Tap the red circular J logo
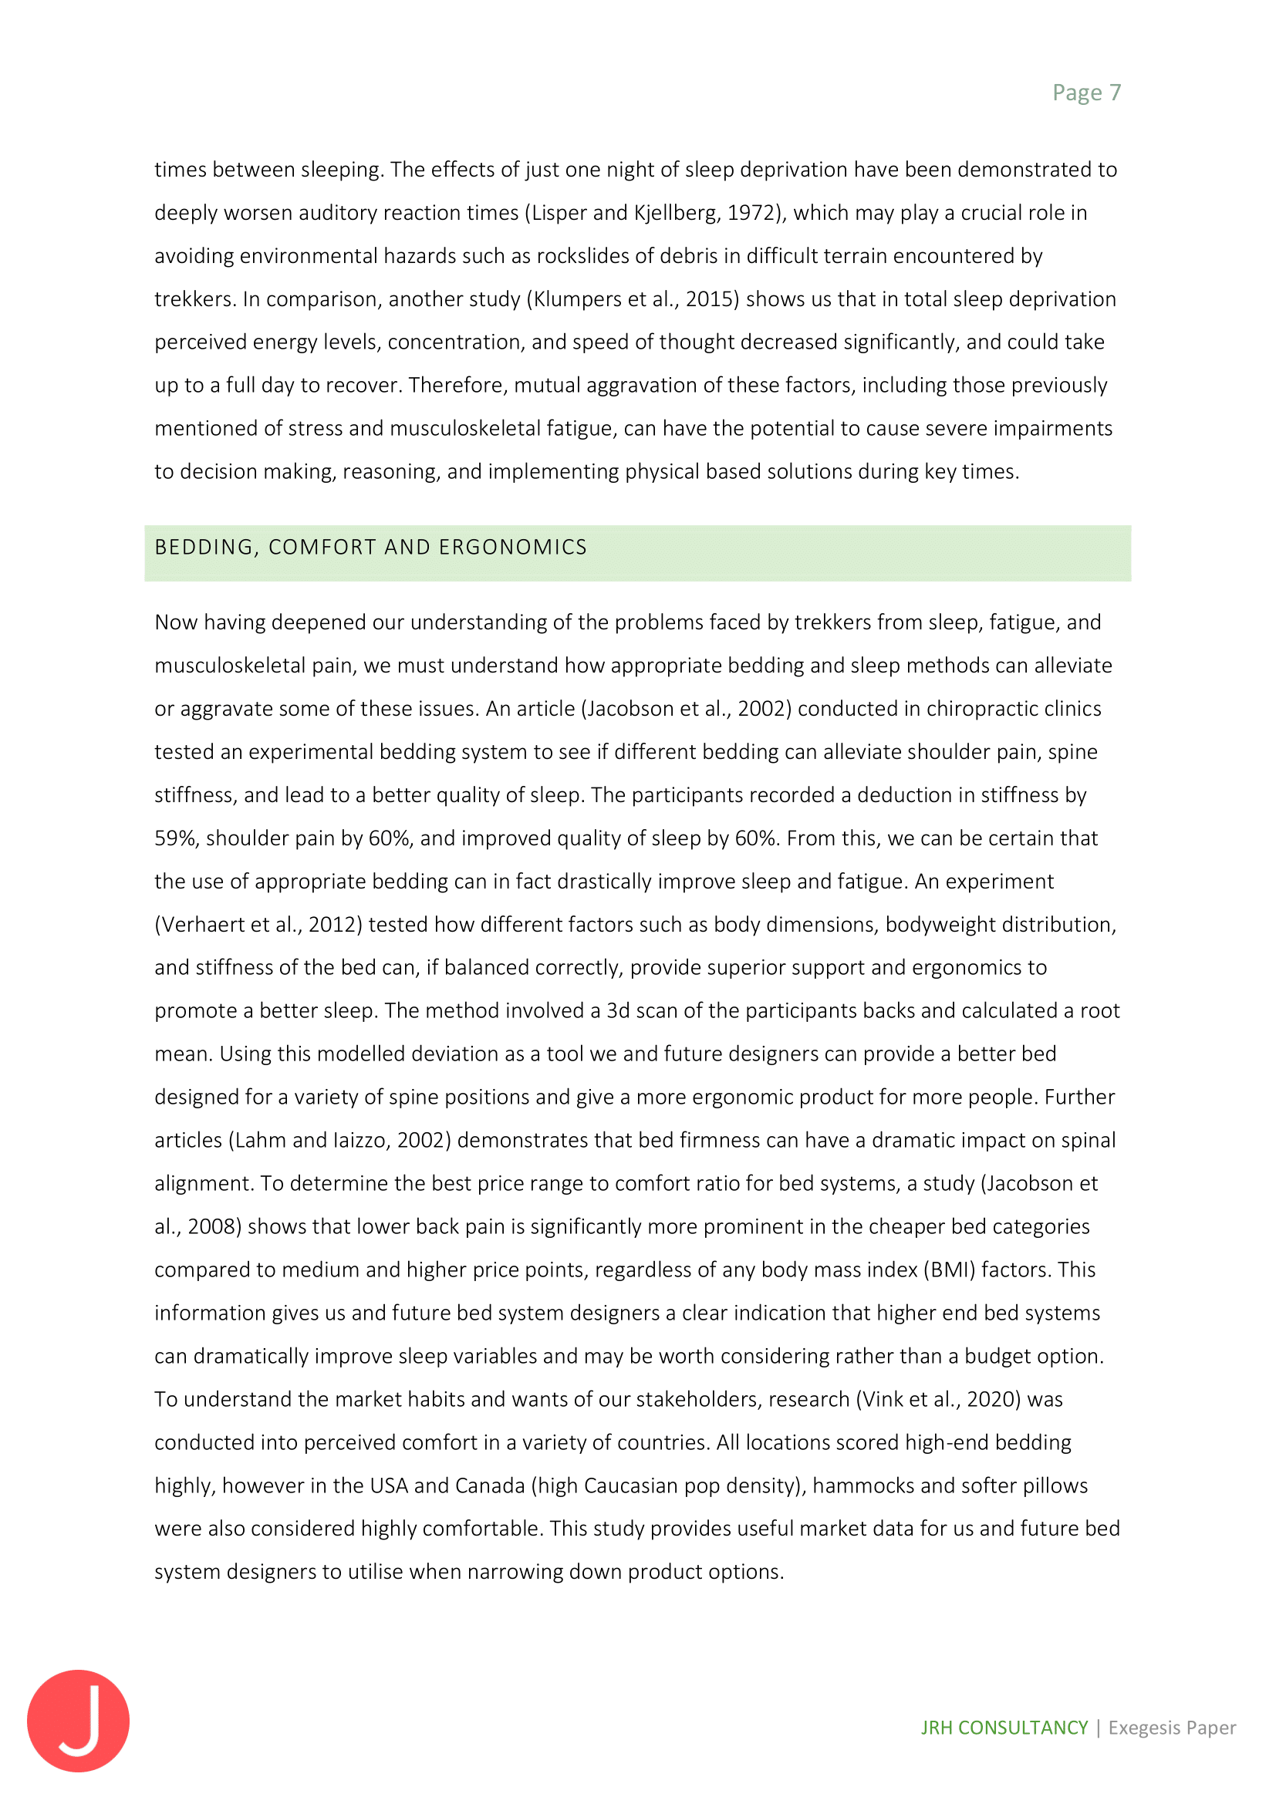click(x=78, y=1720)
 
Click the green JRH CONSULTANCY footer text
click(x=1004, y=1728)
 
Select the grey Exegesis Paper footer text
click(x=1172, y=1728)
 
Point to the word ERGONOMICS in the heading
click(x=512, y=547)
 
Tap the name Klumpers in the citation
click(x=576, y=299)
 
